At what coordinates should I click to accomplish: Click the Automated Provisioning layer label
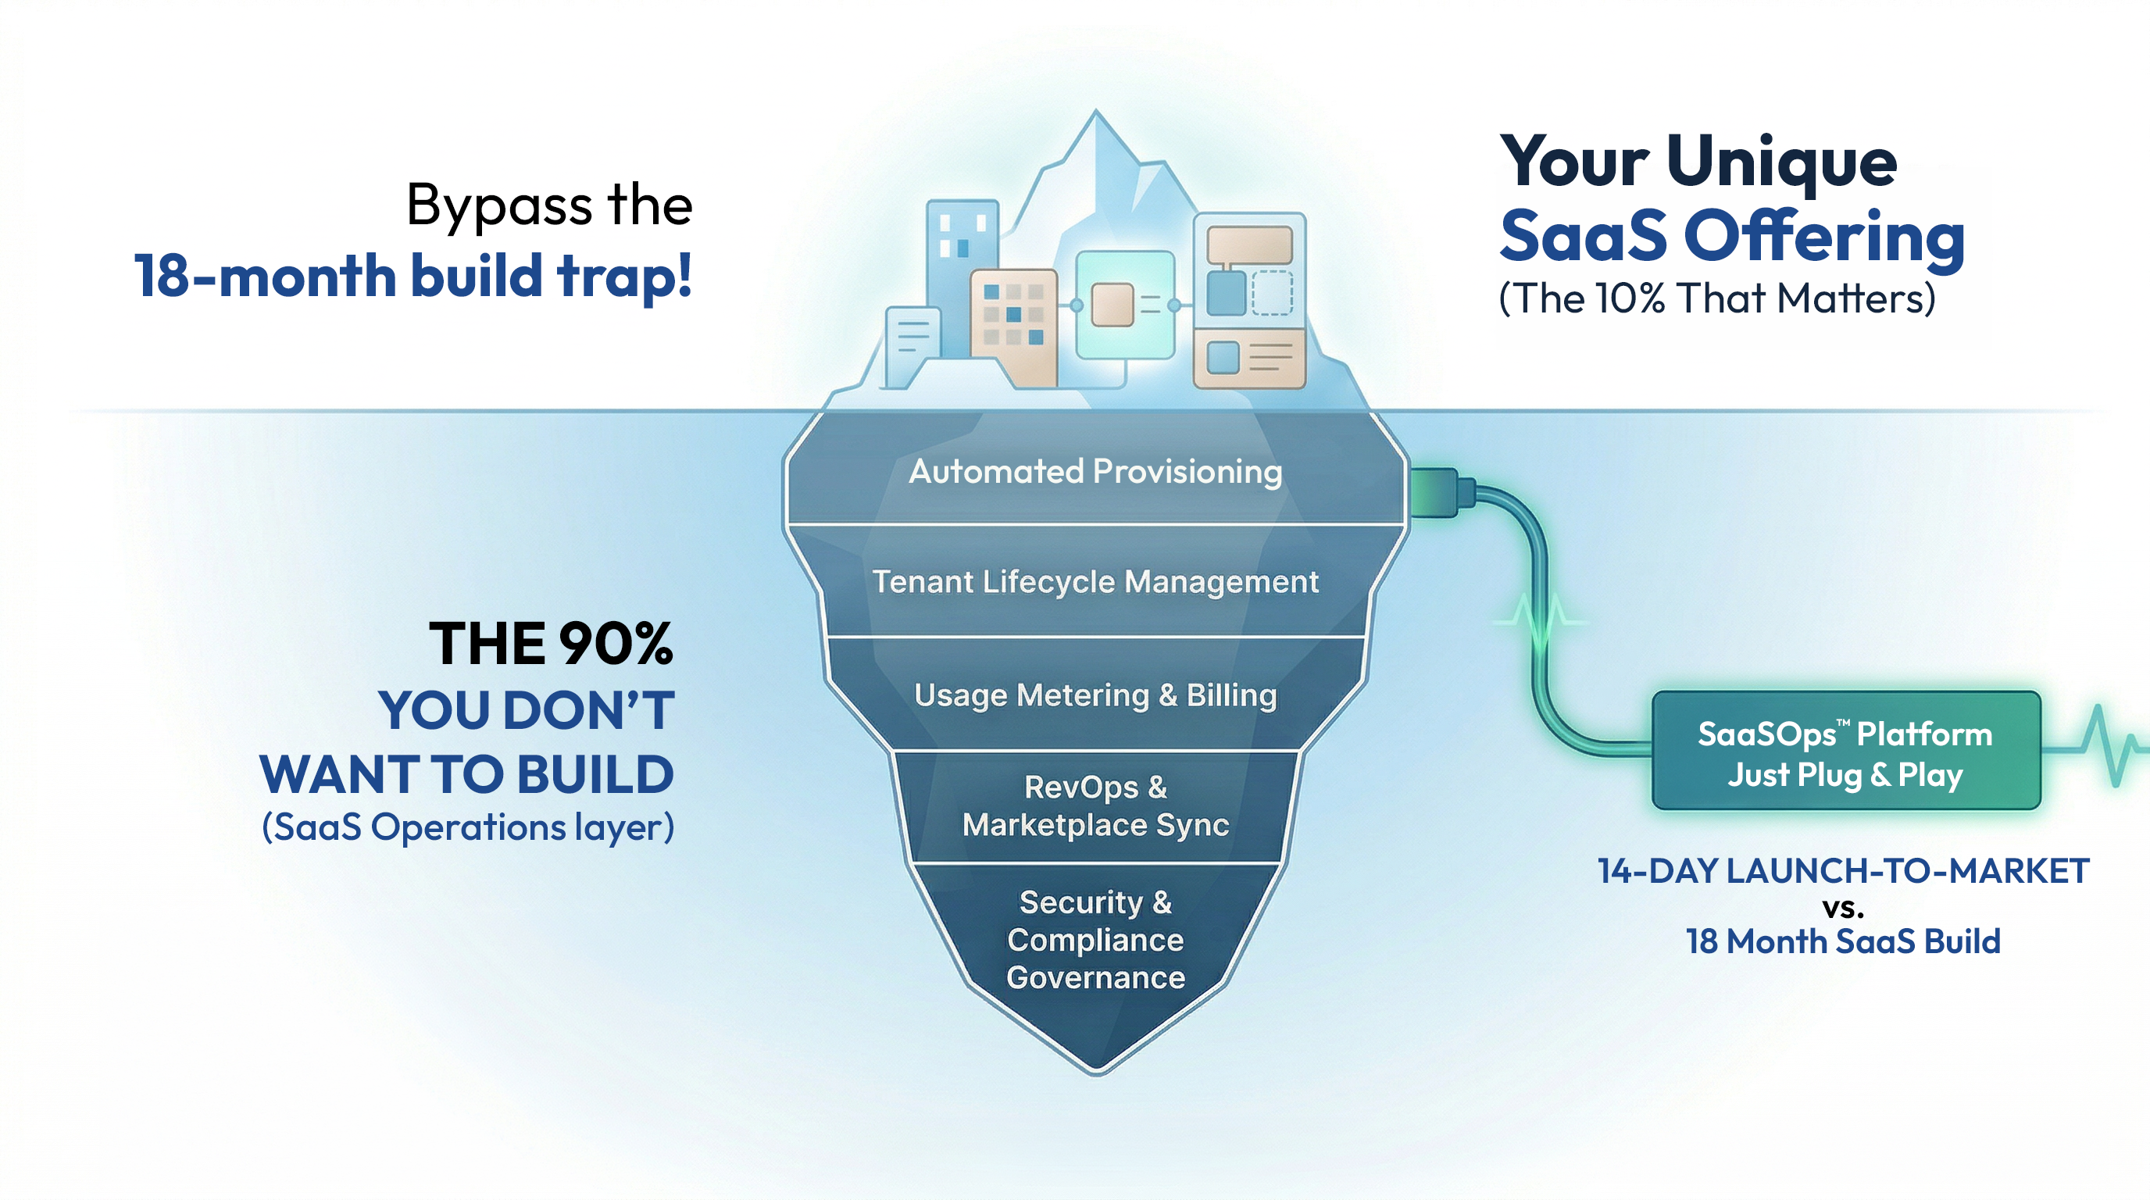[x=1095, y=472]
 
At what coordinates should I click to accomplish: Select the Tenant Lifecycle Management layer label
[x=1095, y=582]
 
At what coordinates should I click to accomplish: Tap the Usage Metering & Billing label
[x=1095, y=695]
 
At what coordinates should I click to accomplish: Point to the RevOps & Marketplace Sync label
[x=1095, y=806]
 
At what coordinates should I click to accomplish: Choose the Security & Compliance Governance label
[x=1095, y=940]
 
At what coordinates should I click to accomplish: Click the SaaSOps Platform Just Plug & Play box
[x=1845, y=751]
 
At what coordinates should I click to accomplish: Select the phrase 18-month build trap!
[x=413, y=277]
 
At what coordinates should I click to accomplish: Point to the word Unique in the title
[x=1782, y=162]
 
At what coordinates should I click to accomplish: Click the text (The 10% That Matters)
[x=1717, y=298]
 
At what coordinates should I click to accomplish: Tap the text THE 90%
[x=551, y=644]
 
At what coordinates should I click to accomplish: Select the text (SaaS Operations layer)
[x=467, y=828]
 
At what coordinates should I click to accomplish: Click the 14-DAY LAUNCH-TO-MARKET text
[x=1843, y=871]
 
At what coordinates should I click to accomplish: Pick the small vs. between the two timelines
[x=1843, y=907]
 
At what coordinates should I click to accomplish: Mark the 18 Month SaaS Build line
[x=1843, y=942]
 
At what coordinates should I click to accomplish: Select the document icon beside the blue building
[x=912, y=344]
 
